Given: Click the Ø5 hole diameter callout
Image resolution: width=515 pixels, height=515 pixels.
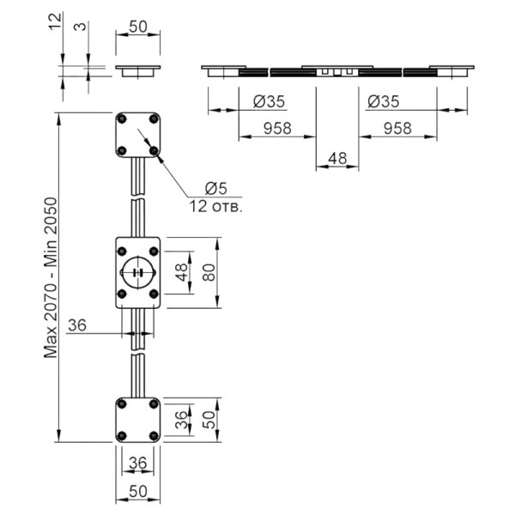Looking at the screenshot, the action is tap(215, 189).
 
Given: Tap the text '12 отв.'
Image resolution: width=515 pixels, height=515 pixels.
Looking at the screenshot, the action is tap(215, 207).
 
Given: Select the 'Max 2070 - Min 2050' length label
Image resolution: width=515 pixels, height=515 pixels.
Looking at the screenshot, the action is tap(51, 277).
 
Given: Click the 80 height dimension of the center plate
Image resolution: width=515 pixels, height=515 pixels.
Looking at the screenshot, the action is tap(209, 273).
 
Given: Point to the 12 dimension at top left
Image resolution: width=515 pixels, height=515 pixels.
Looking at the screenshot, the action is tap(55, 21).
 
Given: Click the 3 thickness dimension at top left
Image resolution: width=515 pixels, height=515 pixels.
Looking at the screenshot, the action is tap(80, 26).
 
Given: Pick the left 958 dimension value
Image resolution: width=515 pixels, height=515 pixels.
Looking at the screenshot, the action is tap(277, 129).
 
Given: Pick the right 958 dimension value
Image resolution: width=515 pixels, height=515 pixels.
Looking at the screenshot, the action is tap(397, 129).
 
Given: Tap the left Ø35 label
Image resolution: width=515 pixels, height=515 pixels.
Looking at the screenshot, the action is tap(269, 101).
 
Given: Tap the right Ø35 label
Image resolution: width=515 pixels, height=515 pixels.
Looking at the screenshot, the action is tap(384, 101).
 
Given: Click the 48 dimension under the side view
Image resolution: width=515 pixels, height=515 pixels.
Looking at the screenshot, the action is tap(337, 159).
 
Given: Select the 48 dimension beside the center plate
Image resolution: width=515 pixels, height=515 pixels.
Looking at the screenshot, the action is tap(181, 273).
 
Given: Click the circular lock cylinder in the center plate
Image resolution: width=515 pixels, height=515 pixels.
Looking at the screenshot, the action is tap(138, 273).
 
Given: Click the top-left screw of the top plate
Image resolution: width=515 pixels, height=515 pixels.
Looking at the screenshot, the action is tap(122, 119).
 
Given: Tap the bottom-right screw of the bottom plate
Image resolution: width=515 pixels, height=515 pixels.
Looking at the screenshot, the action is tap(154, 436).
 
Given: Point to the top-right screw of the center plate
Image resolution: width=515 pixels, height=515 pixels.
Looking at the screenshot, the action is tap(154, 251).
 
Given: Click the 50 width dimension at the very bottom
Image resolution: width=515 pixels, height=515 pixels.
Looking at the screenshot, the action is tap(138, 492).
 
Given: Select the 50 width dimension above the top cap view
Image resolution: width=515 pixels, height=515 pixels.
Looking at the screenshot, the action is tap(138, 27).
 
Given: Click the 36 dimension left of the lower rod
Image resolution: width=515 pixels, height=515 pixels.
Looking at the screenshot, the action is tap(77, 325).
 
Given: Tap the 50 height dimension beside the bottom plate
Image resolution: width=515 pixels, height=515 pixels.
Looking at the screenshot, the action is tap(209, 420).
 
